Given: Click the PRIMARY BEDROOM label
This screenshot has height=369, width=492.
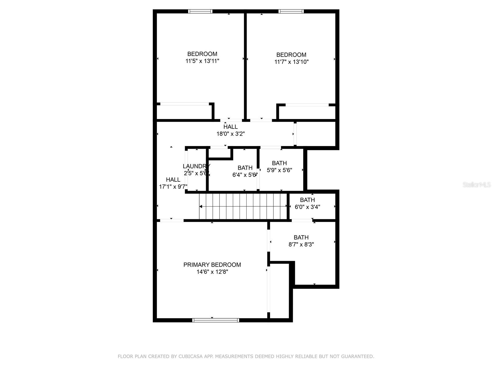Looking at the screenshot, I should (212, 265).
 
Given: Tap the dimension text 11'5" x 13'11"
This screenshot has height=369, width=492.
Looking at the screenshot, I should (202, 61).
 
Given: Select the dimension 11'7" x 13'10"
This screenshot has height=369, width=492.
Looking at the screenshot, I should (291, 62).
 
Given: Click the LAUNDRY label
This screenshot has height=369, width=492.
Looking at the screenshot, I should (196, 166).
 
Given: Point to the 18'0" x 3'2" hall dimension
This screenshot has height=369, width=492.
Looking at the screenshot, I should (230, 134).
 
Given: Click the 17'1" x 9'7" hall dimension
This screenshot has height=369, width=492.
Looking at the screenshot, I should (173, 187).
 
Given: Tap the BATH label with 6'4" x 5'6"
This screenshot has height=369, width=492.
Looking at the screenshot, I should (245, 168).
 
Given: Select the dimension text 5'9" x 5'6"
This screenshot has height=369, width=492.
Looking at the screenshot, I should (279, 170).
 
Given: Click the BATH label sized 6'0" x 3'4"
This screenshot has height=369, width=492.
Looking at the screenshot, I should (307, 200).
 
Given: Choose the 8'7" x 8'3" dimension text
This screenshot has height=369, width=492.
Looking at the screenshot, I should (301, 244).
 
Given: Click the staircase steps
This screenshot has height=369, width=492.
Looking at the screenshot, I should (243, 206).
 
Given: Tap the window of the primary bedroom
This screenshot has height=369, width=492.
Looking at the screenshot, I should (216, 320).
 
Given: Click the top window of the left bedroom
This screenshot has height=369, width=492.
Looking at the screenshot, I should (200, 11).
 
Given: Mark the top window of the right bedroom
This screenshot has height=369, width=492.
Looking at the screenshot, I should (291, 11).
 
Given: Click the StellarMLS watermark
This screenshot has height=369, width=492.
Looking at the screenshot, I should (477, 185).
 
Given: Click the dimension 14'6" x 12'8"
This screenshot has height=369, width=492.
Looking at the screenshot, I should (212, 272).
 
